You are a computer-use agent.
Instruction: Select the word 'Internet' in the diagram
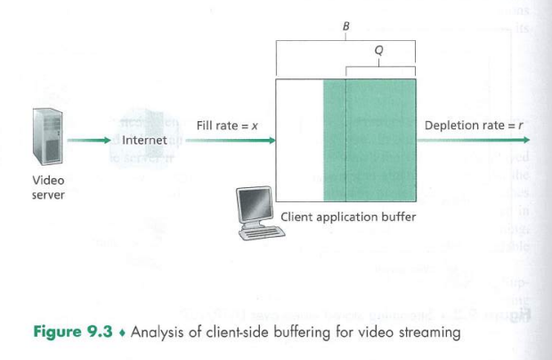click(x=143, y=140)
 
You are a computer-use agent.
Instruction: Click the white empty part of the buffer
click(x=299, y=140)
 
